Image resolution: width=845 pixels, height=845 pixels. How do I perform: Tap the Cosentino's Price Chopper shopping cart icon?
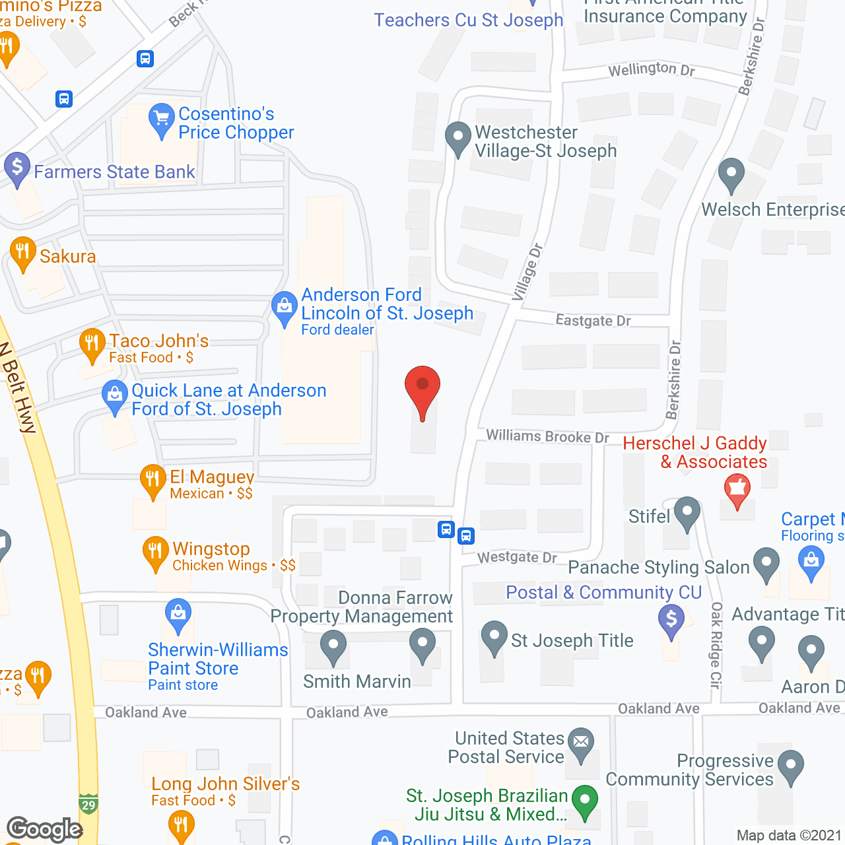coord(162,120)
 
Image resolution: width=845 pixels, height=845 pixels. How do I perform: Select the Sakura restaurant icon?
coord(23,253)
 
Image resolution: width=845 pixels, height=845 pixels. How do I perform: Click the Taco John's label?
coord(158,341)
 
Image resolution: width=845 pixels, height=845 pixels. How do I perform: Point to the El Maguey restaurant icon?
coord(152,480)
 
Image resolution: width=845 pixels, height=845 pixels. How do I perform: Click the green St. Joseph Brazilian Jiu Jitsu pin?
coord(584,801)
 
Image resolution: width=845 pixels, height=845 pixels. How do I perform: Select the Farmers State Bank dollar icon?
coord(17,168)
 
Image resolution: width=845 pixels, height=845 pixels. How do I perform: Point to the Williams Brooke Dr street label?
coord(547,436)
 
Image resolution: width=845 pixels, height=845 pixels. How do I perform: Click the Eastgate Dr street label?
coord(593,321)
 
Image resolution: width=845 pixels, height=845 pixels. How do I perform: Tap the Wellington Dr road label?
coord(651,69)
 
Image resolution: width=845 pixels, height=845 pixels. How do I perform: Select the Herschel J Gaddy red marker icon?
coord(737,490)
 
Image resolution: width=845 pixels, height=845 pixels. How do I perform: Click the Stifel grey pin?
coord(687,513)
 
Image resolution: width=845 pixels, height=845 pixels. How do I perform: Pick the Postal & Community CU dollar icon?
coord(671,621)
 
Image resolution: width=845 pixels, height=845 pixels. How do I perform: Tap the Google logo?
coord(45,829)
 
